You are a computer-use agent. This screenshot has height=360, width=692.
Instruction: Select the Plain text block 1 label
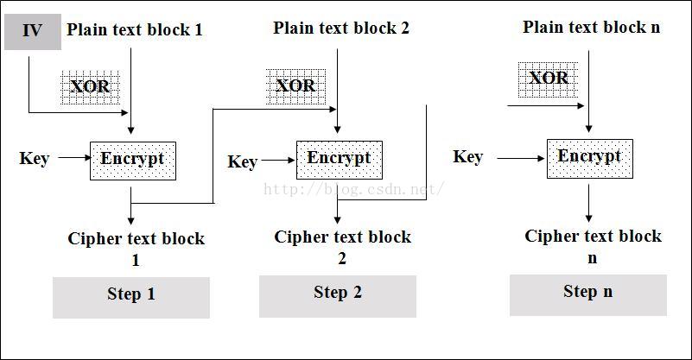(x=135, y=29)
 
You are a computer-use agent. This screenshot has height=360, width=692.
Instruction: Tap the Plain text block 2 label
(x=341, y=28)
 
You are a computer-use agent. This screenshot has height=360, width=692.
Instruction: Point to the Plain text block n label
(x=592, y=27)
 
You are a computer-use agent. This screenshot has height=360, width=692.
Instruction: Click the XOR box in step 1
(x=90, y=86)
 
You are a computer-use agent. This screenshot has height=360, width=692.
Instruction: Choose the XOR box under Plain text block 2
(x=295, y=85)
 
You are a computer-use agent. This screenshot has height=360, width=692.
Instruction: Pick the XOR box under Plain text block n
(x=549, y=79)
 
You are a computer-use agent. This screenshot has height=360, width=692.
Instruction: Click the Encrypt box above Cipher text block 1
(x=132, y=161)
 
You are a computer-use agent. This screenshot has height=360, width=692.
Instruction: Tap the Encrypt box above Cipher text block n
(x=589, y=158)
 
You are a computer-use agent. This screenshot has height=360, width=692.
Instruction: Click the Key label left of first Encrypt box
(x=35, y=159)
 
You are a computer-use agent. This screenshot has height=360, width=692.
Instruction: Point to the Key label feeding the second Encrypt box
(x=243, y=162)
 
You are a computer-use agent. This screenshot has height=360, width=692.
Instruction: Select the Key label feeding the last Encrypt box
(x=467, y=156)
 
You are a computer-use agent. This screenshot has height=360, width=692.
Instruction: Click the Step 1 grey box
(x=131, y=296)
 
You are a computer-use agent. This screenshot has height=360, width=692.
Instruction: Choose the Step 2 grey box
(x=337, y=294)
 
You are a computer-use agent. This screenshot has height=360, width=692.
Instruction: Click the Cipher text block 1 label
(x=136, y=248)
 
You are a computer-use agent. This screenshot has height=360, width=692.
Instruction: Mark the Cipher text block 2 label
(x=342, y=246)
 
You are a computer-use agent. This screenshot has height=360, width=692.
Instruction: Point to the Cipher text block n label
(x=593, y=245)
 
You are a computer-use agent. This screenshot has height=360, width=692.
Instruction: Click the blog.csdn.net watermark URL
(x=354, y=187)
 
